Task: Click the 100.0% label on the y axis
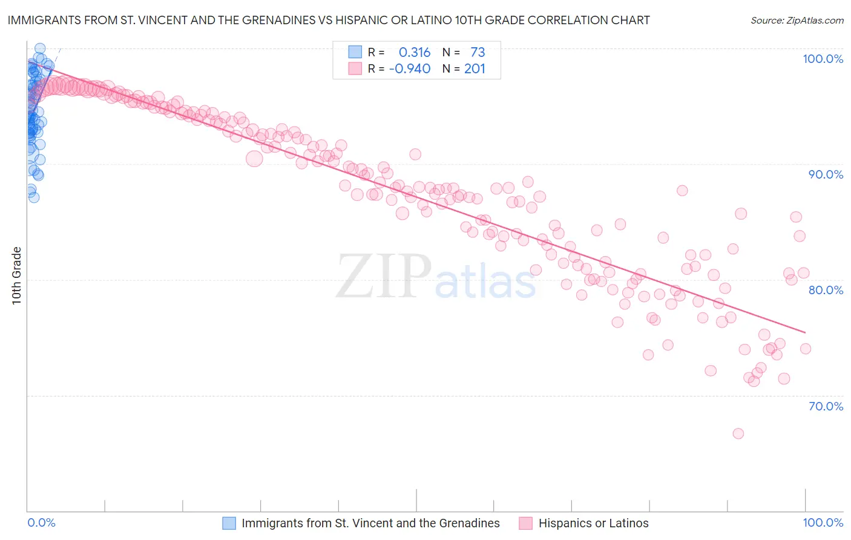pyautogui.click(x=823, y=59)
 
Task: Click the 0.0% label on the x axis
pyautogui.click(x=41, y=523)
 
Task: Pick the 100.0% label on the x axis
pyautogui.click(x=823, y=523)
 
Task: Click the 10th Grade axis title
pyautogui.click(x=17, y=275)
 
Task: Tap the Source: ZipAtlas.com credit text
pyautogui.click(x=797, y=21)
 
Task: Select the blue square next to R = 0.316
pyautogui.click(x=355, y=52)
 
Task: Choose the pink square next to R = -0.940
pyautogui.click(x=355, y=69)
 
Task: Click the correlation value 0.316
pyautogui.click(x=415, y=52)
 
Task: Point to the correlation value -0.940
pyautogui.click(x=410, y=69)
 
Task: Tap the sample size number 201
pyautogui.click(x=475, y=69)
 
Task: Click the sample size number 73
pyautogui.click(x=478, y=52)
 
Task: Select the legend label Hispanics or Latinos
pyautogui.click(x=593, y=523)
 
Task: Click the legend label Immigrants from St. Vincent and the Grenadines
pyautogui.click(x=370, y=523)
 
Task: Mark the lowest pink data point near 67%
pyautogui.click(x=738, y=433)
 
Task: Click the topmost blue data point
pyautogui.click(x=40, y=48)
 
